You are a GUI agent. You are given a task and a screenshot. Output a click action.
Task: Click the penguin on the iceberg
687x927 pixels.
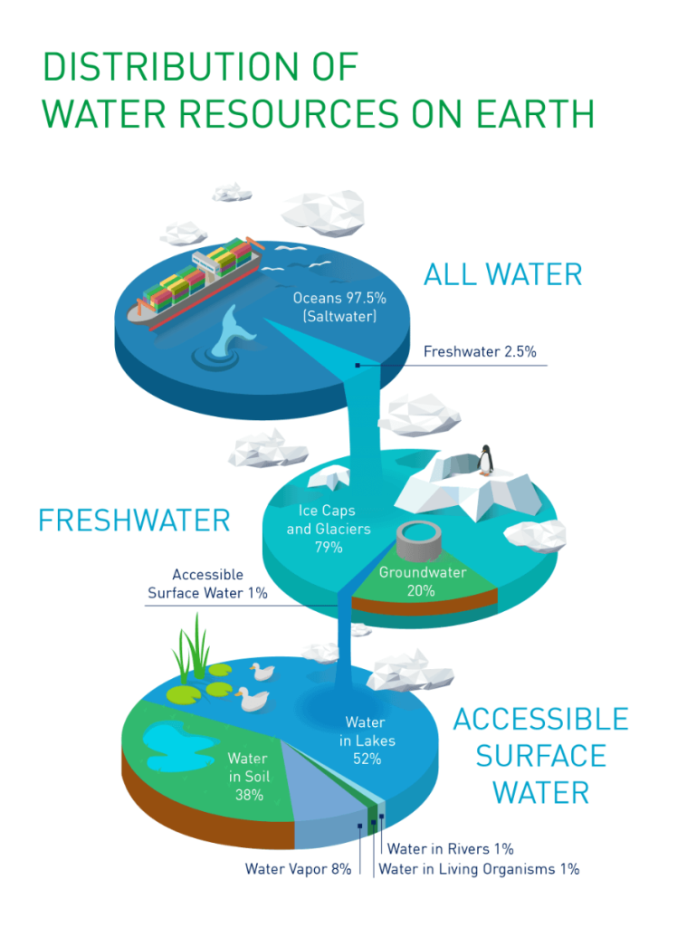(487, 461)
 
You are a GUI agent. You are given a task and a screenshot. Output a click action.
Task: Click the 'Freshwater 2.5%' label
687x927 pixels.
(484, 351)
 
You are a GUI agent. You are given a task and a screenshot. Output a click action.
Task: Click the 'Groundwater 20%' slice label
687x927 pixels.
(422, 581)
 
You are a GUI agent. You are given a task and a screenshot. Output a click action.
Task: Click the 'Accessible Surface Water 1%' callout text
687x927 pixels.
(206, 584)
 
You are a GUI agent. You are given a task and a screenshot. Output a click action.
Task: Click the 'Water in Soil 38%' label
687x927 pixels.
(248, 777)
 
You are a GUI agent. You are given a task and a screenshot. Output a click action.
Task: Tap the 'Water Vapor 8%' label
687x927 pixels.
(298, 870)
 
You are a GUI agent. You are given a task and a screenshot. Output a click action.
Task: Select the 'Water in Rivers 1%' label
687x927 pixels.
(451, 849)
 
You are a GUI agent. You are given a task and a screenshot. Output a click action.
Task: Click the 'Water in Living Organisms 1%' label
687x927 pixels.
(478, 870)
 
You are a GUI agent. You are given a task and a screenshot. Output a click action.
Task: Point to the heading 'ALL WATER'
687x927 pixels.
(502, 274)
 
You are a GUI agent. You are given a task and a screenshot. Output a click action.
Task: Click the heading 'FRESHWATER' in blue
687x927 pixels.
(134, 521)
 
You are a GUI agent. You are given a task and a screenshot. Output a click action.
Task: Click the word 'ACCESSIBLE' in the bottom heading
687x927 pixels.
(540, 720)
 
